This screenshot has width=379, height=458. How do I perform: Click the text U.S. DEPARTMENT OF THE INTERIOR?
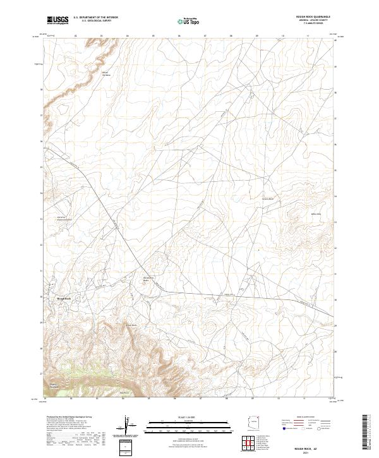[95, 17]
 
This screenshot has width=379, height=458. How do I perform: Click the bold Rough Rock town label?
[64, 298]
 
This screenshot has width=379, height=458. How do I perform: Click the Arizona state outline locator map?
[255, 422]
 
